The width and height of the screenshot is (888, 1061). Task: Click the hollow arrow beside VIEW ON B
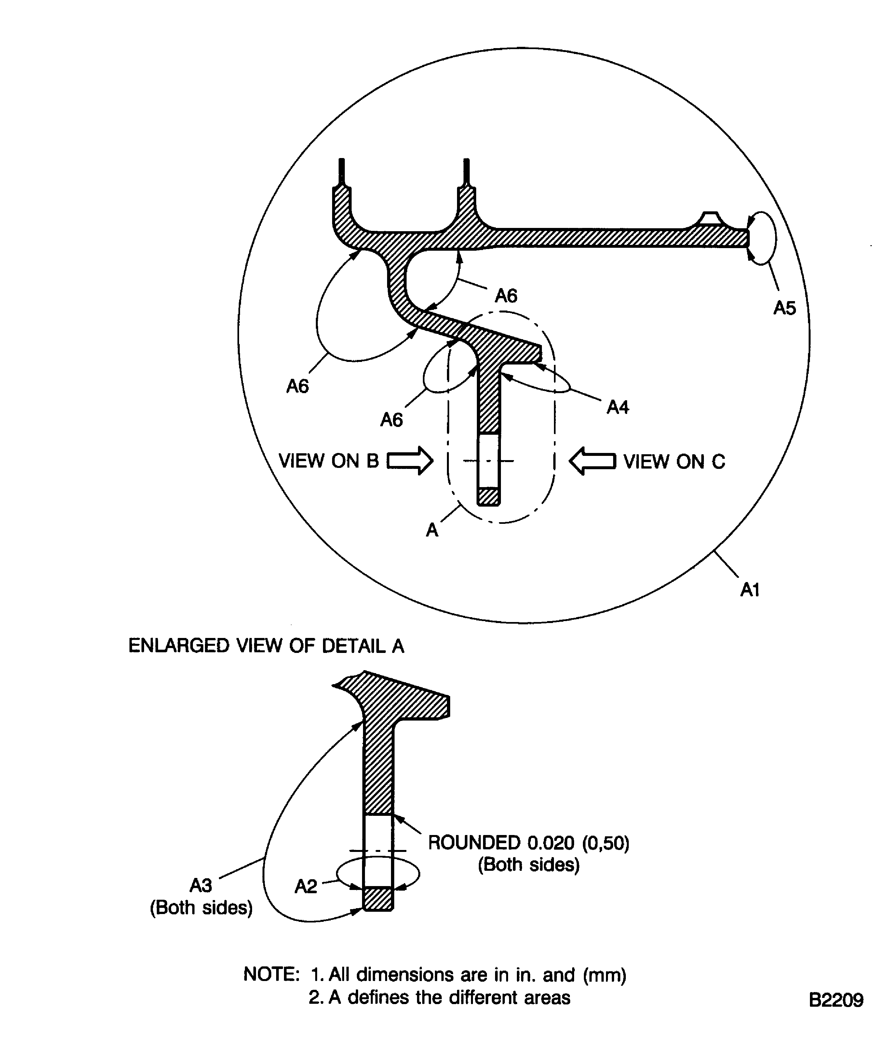[x=410, y=461]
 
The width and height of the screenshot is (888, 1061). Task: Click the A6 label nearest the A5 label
[x=506, y=296]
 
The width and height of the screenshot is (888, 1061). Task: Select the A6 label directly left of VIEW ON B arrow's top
[x=392, y=420]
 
